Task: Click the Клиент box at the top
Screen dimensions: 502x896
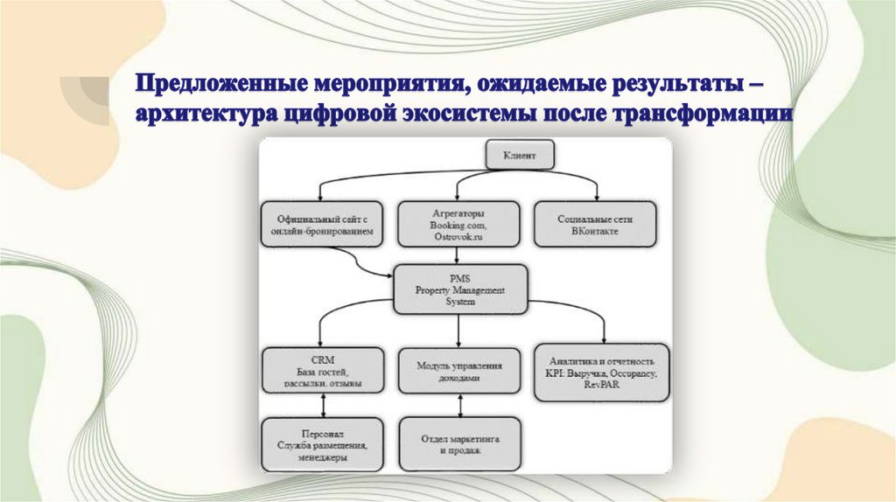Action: (x=521, y=157)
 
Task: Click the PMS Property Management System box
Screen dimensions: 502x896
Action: (x=459, y=289)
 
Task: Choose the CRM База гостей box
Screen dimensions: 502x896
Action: (x=323, y=370)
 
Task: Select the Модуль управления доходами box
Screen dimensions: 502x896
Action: (x=460, y=370)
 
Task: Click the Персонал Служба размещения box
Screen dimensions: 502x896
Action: (x=323, y=444)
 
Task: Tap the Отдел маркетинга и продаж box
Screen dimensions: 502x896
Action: (x=460, y=444)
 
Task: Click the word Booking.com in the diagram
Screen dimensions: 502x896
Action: (x=458, y=225)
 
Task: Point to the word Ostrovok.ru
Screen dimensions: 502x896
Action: (x=458, y=236)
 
